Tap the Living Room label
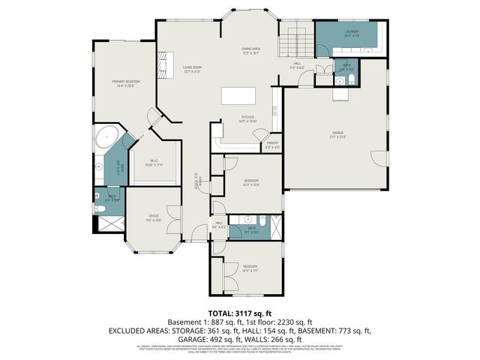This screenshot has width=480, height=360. [193, 68]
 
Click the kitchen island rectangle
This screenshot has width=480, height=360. [238, 97]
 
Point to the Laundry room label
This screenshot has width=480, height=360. [352, 32]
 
